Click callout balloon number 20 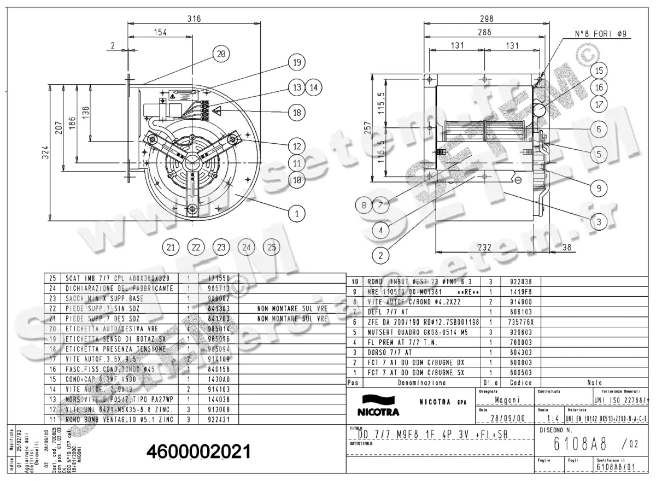221,54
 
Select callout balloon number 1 296,214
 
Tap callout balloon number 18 296,112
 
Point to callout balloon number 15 599,71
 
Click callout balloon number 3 599,222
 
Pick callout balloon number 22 196,247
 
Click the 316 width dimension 194,19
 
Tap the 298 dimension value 485,19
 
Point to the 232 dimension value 484,247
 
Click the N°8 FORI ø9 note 600,34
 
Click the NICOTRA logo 378,406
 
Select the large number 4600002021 199,451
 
